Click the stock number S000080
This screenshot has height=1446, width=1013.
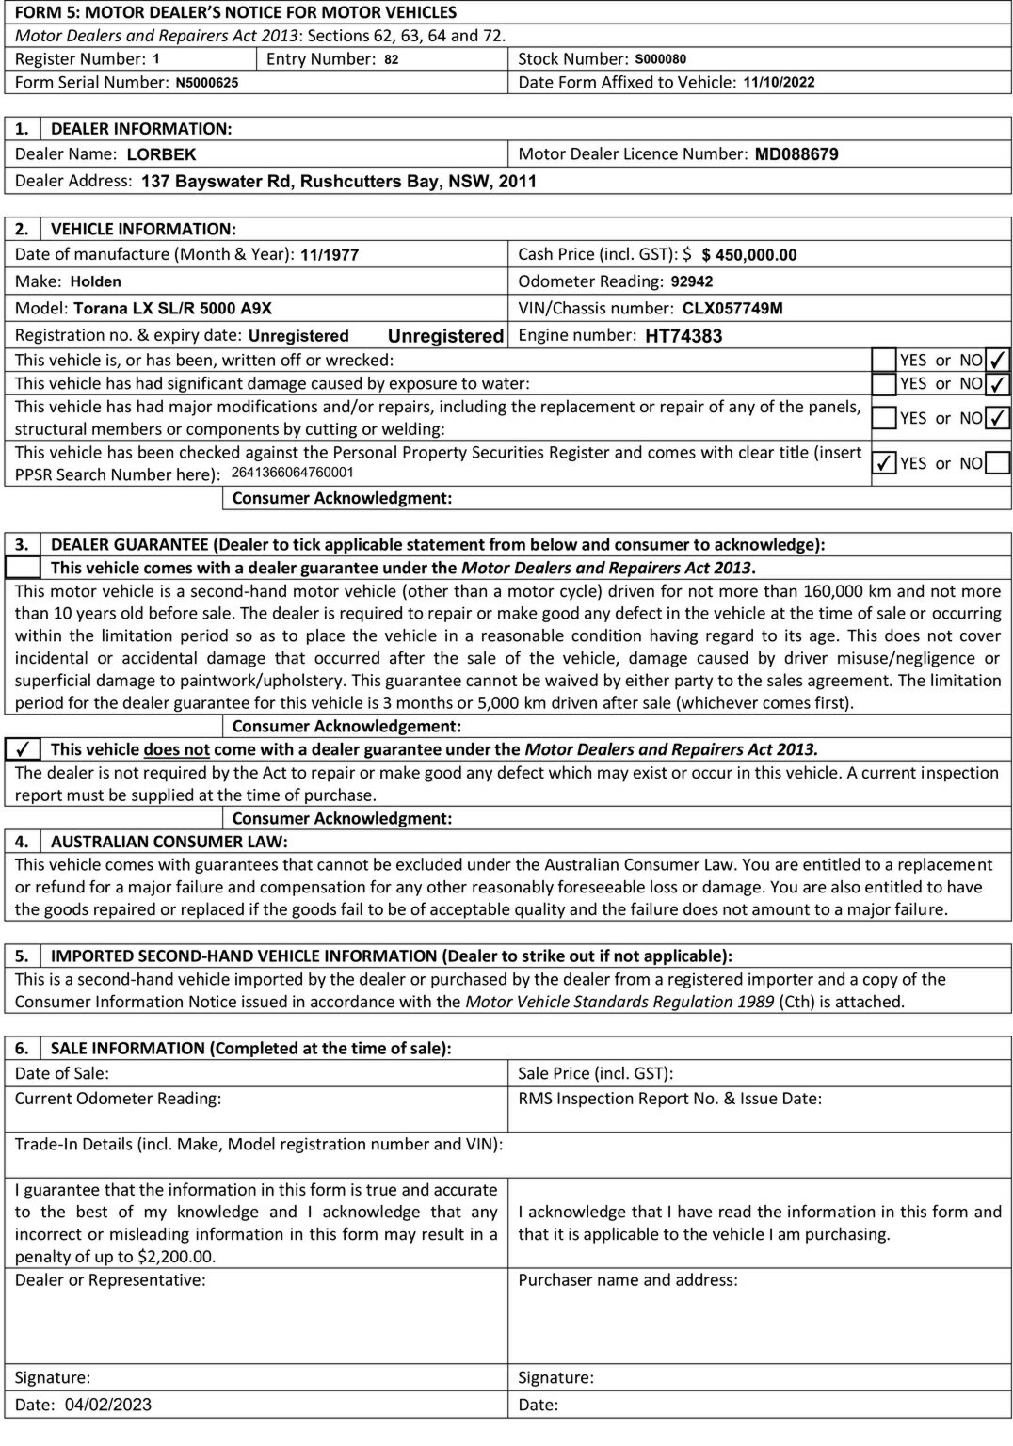660,59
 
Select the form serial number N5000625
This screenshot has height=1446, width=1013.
207,83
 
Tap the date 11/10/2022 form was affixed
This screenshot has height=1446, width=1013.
779,82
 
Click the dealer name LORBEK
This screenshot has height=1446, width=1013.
161,154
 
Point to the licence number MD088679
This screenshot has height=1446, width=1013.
796,154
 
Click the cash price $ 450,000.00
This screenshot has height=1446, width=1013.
749,255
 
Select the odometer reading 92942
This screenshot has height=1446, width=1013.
692,281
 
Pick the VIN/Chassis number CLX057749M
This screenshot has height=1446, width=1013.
732,309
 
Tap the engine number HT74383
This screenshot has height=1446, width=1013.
683,336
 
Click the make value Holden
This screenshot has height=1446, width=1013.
96,281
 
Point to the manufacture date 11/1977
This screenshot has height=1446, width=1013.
330,255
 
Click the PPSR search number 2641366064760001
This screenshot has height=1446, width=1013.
292,473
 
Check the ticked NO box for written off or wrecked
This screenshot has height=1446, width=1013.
998,360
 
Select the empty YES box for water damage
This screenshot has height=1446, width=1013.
884,384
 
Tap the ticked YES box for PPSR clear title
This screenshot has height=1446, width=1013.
884,463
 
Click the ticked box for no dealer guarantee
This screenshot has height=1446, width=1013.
24,749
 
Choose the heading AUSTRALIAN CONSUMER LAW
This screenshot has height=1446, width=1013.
169,842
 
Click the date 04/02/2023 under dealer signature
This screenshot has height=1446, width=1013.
108,1405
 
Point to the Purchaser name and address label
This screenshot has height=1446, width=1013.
628,1280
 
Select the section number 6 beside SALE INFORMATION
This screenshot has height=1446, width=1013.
22,1049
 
